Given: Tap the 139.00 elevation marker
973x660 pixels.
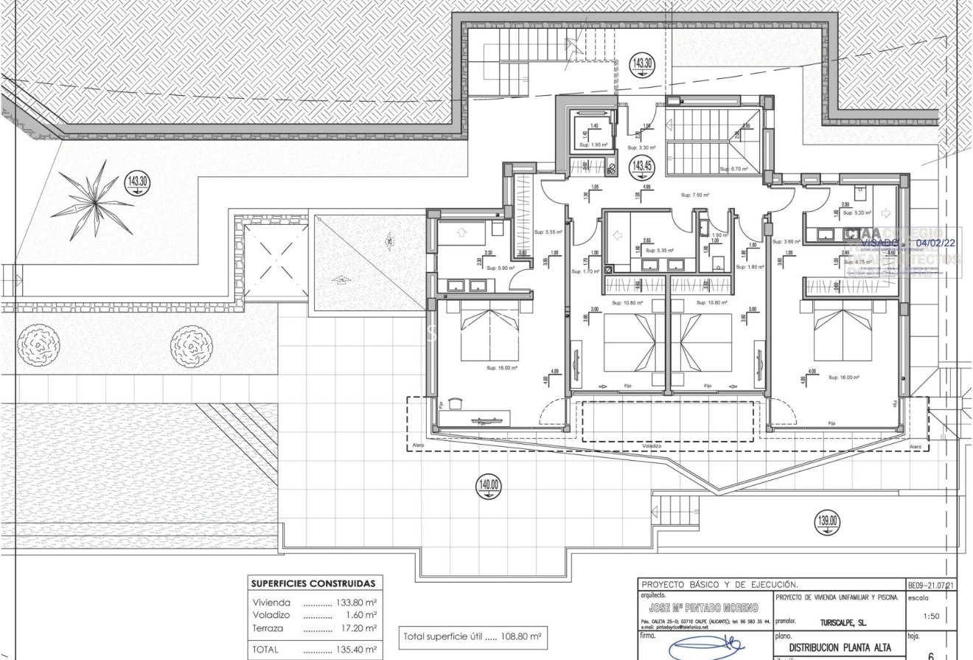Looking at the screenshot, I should pyautogui.click(x=827, y=522).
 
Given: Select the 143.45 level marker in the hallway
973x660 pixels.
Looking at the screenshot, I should pyautogui.click(x=641, y=167).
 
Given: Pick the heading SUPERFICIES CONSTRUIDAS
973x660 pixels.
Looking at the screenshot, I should pyautogui.click(x=313, y=583).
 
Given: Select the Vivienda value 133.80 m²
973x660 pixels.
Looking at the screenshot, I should pyautogui.click(x=356, y=602).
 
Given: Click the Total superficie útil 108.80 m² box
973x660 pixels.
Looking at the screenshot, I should pyautogui.click(x=472, y=636).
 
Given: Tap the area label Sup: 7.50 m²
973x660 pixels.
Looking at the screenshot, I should pyautogui.click(x=694, y=195).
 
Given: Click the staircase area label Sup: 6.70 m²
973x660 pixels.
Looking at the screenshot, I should pyautogui.click(x=734, y=169).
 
